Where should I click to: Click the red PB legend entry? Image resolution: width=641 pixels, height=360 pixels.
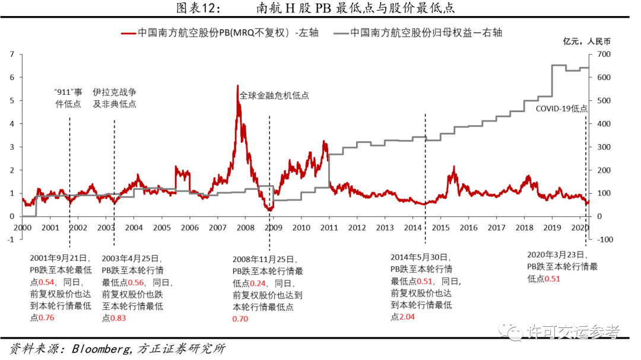(220, 33)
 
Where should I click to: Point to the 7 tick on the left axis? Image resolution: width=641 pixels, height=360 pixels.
(12, 55)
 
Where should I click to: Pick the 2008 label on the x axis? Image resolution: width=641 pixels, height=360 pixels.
(246, 228)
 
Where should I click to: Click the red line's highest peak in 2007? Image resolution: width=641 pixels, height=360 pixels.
(237, 86)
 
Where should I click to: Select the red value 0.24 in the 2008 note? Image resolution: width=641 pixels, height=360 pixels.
(257, 283)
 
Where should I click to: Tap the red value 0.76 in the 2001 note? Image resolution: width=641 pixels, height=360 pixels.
(46, 317)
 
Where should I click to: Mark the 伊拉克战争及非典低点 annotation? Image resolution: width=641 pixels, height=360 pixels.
(114, 98)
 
